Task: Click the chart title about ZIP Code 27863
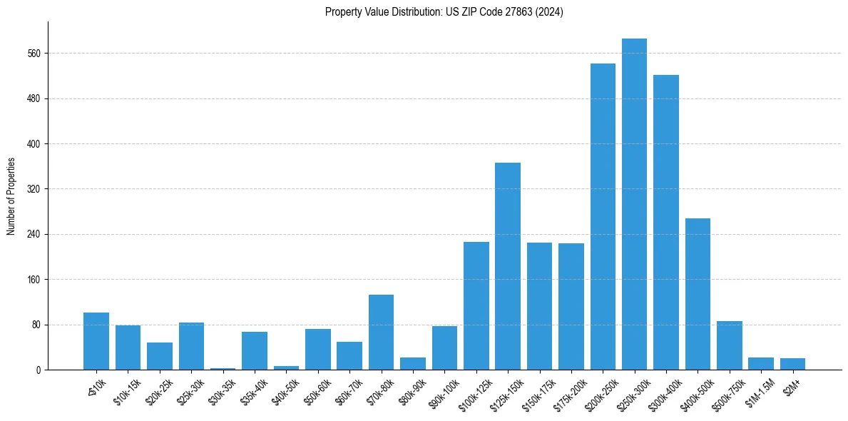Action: tap(444, 12)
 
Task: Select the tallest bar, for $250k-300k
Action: tap(634, 204)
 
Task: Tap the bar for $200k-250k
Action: tap(603, 217)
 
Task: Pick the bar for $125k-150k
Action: tap(508, 266)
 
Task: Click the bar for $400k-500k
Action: tap(698, 294)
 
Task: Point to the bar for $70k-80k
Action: tap(381, 333)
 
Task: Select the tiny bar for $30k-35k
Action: tap(223, 368)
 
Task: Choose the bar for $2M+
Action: tap(792, 364)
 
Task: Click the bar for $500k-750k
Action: tap(729, 345)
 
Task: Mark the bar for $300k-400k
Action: tap(665, 223)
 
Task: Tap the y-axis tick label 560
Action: tap(34, 54)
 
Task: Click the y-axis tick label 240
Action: tap(34, 234)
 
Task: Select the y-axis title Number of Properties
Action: tap(11, 196)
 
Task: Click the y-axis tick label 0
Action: tap(39, 370)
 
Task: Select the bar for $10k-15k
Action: tap(128, 348)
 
